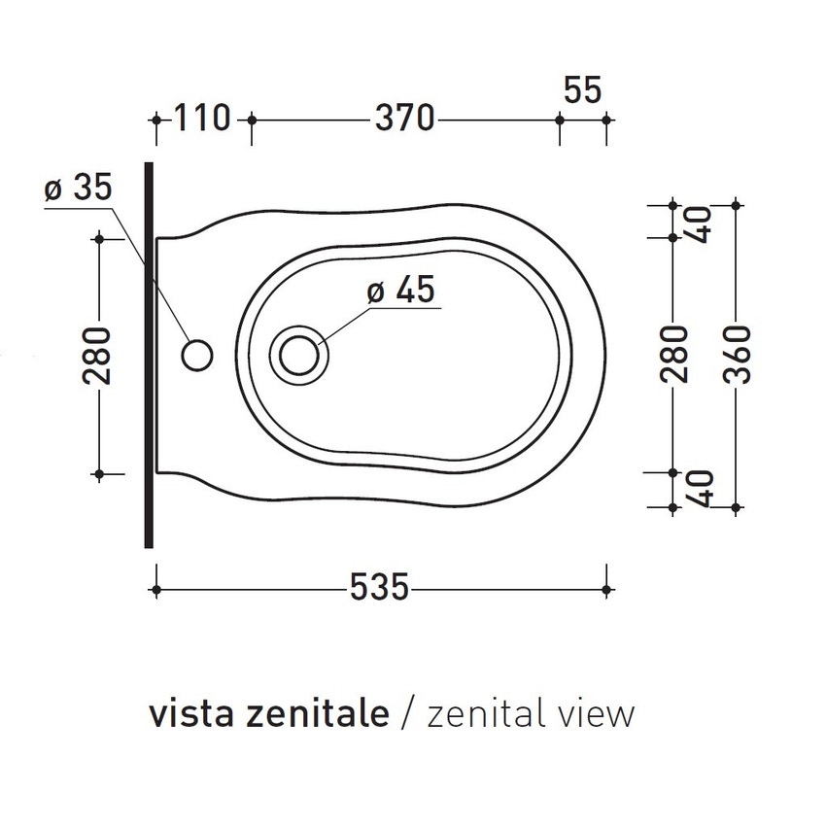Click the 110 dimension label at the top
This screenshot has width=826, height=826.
click(202, 119)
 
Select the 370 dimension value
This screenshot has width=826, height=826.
click(403, 119)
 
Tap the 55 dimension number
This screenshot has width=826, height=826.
click(583, 90)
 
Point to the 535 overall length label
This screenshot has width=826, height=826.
click(377, 589)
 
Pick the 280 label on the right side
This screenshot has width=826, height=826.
click(677, 355)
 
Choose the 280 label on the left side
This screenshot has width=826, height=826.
click(99, 355)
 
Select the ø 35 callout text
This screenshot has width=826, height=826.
click(79, 189)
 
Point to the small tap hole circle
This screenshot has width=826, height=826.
click(197, 355)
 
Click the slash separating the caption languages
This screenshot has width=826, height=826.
click(408, 714)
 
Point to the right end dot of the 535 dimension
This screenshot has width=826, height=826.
click(606, 589)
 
